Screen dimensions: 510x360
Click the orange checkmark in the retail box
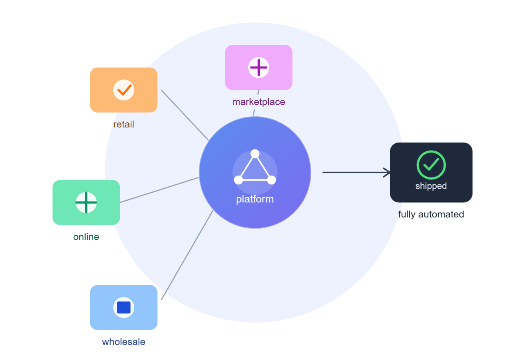tap(124, 90)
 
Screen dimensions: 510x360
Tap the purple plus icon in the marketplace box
tap(259, 67)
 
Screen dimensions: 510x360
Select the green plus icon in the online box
tap(86, 202)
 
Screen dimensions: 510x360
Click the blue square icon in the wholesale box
tap(124, 307)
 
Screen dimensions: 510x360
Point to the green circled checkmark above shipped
tap(431, 165)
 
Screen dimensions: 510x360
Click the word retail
tap(124, 124)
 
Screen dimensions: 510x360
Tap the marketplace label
tap(259, 102)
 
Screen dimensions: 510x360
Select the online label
tap(86, 237)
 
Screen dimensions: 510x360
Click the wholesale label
tap(124, 342)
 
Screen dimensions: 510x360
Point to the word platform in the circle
tap(255, 200)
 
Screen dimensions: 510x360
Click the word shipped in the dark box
tap(431, 186)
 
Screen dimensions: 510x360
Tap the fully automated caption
tap(431, 214)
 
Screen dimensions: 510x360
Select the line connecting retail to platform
tap(185, 115)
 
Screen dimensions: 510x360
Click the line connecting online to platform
tap(159, 190)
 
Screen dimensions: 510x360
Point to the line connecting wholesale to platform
tap(187, 255)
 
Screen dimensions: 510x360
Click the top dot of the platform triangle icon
tap(255, 154)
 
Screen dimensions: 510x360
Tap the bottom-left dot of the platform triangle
tap(238, 180)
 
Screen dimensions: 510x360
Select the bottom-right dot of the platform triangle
tap(271, 180)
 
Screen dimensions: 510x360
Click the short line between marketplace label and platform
tap(254, 112)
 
